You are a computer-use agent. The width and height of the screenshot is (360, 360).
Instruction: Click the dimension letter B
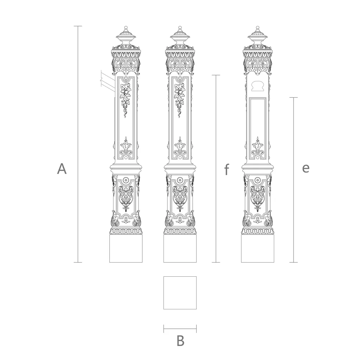pos(180,341)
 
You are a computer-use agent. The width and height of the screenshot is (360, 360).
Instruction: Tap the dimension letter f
pos(227,169)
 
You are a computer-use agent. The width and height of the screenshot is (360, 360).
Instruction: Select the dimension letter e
pos(306,168)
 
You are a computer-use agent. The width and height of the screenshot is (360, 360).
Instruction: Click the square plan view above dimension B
pos(180,293)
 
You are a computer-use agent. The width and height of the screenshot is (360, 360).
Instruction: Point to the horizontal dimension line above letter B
pos(180,329)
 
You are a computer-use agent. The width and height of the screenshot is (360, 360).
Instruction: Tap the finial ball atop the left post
pos(126,28)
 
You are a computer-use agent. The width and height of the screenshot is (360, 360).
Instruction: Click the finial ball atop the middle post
pos(180,28)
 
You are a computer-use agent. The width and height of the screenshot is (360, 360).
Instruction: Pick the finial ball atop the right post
pos(258,28)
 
